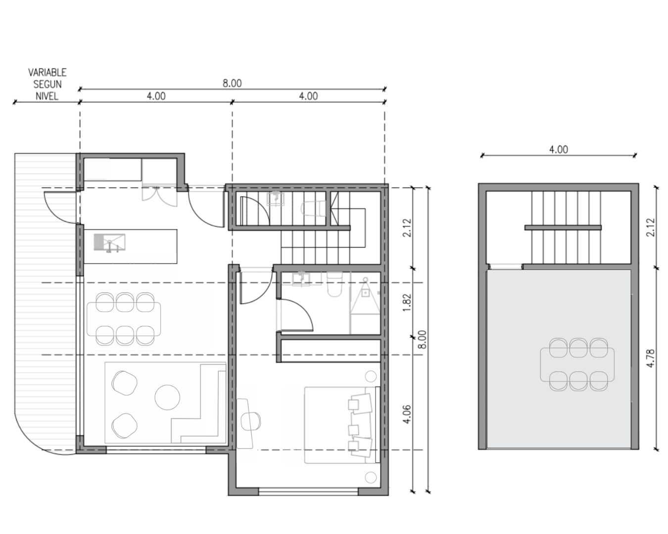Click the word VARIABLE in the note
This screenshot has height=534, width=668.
coord(47,72)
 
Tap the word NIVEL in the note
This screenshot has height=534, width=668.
coord(47,96)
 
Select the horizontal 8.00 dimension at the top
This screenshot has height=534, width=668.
coord(232,83)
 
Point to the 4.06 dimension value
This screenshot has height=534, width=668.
coord(407,414)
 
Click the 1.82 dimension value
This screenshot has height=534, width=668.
coord(407,303)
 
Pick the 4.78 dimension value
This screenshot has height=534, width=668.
coord(651,358)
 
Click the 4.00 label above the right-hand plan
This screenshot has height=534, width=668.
coord(559,149)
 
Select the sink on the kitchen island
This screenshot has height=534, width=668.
coord(109,242)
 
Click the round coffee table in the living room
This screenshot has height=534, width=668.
coord(167,398)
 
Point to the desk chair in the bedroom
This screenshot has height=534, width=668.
coord(250,422)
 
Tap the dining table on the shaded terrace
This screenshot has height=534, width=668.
coord(577,364)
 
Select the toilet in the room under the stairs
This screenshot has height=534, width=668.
coord(314,208)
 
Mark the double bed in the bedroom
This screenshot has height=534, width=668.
coord(342,425)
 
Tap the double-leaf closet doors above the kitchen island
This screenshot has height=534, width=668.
coord(159,196)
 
